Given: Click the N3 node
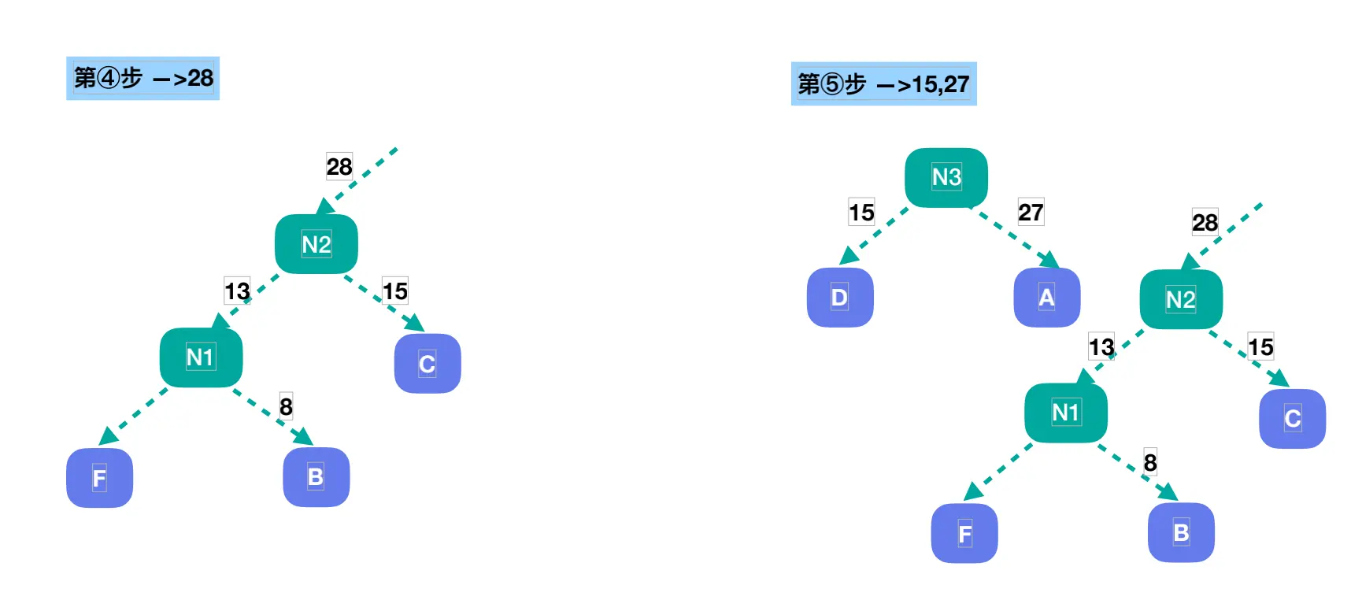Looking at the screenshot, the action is tap(946, 177).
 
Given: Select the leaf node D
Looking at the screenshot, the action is tap(840, 298).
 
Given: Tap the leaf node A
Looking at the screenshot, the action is tap(1046, 298).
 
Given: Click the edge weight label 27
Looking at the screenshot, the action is tap(1031, 212).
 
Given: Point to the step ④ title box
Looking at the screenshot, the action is tap(143, 78).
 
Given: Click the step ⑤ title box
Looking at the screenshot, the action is tap(883, 83).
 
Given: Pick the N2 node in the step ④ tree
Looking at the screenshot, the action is tap(316, 244).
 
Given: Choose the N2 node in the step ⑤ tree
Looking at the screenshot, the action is tap(1181, 299).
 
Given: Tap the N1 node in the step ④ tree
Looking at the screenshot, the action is tap(201, 357).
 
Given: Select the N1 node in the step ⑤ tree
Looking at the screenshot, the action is tap(1066, 413).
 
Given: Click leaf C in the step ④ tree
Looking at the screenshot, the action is tap(428, 364).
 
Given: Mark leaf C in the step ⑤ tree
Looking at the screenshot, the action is tap(1293, 419).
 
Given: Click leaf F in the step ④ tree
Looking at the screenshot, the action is tap(99, 478).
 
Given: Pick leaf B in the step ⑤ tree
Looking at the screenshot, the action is tap(1181, 533).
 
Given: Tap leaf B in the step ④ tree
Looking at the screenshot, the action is tap(316, 477).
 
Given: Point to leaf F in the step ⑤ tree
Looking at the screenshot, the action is tap(964, 534).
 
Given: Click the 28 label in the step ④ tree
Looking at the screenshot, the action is tap(339, 167).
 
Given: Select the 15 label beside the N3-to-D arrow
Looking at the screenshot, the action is tap(861, 212).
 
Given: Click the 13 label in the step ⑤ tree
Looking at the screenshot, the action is tap(1101, 346).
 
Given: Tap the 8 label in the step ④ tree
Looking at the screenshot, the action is tap(286, 406).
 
